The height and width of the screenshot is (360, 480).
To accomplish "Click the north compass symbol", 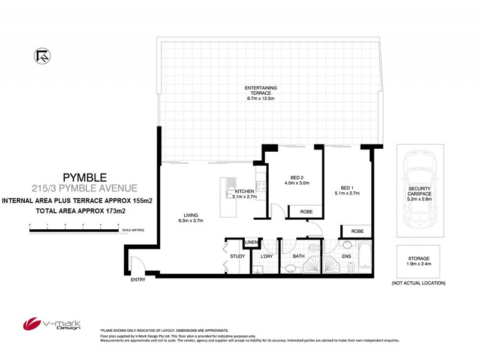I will pos(43,55).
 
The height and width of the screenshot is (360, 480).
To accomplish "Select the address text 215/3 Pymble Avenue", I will pos(84,188).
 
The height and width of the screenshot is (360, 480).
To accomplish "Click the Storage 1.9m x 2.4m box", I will pos(418,261).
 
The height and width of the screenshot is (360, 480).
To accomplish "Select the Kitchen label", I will pos(244,192).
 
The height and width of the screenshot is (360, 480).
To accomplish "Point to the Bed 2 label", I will pos(296,178).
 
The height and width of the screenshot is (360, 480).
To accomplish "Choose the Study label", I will pos(237,257).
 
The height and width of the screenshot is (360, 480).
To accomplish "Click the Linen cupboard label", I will pos(252,242).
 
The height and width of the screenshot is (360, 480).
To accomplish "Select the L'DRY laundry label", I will pos(266,257).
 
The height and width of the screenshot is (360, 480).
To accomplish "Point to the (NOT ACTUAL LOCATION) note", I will pos(418,283).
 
